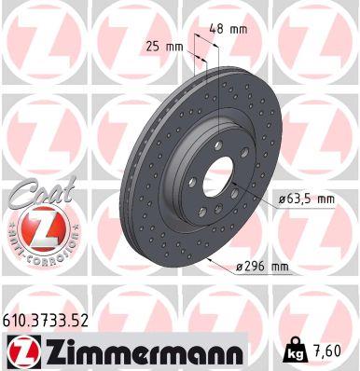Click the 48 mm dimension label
(228, 28)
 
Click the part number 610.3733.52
(48, 321)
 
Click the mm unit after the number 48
(239, 28)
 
